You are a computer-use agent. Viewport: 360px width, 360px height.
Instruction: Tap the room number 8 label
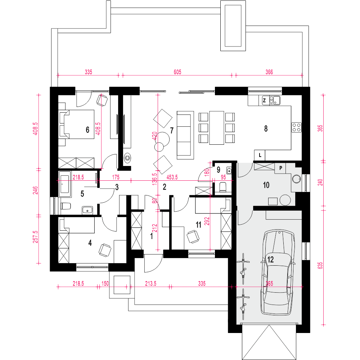click(266, 129)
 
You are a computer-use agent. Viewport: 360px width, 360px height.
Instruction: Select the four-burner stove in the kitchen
click(296, 128)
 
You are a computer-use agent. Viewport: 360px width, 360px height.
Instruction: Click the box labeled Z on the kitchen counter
click(264, 100)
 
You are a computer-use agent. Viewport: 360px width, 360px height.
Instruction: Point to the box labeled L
click(260, 156)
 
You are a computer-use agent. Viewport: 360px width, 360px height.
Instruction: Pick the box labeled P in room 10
click(280, 168)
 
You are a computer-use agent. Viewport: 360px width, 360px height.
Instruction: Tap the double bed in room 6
click(77, 125)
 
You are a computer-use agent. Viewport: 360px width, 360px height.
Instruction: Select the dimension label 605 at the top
click(177, 72)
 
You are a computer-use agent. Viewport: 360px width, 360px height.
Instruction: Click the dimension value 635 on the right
click(320, 266)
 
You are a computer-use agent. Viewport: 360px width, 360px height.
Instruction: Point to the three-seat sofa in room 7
click(184, 135)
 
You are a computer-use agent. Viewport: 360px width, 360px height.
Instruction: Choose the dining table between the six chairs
click(216, 128)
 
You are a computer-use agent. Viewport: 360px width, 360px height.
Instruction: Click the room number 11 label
click(198, 225)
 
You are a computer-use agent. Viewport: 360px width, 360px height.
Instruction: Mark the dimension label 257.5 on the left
click(36, 237)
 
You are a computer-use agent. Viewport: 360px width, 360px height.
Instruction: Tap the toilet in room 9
click(223, 187)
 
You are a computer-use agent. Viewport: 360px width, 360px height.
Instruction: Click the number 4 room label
click(90, 243)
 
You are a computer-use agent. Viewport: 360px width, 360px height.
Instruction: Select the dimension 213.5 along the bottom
click(150, 284)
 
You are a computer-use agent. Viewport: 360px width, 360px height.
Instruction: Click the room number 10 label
click(266, 185)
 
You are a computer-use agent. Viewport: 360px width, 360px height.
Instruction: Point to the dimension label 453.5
click(172, 177)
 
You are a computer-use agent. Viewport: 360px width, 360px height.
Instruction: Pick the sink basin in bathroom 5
click(87, 210)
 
